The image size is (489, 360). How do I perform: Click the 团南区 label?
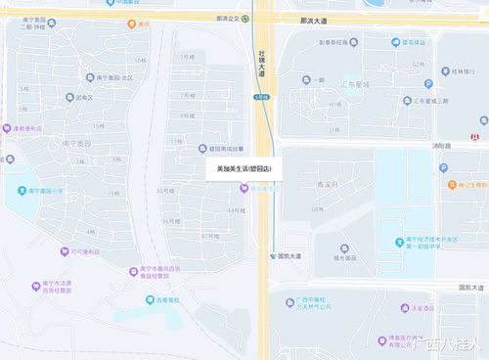pos(82,97)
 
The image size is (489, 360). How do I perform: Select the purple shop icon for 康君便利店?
pos(7,128)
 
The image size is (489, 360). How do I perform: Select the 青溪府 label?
pos(327,183)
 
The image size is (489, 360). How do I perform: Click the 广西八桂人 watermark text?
pos(445,344)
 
